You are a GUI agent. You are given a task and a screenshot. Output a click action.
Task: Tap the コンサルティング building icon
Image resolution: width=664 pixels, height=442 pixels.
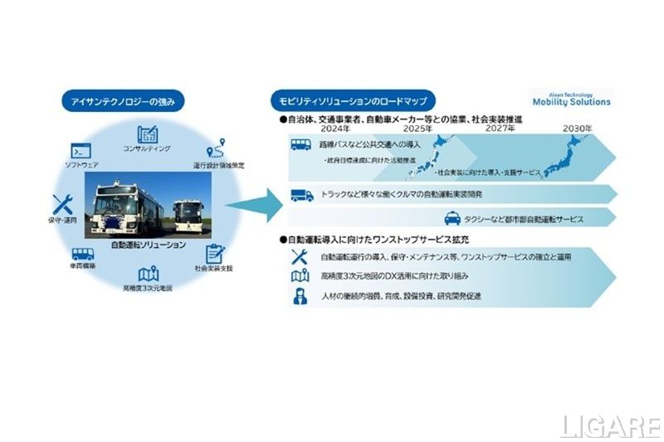pyautogui.click(x=147, y=134)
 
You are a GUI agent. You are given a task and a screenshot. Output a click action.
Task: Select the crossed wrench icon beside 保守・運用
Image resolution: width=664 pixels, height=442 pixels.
pyautogui.click(x=63, y=204)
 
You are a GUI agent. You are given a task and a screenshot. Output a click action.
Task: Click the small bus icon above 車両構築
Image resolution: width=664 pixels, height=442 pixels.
pyautogui.click(x=82, y=255)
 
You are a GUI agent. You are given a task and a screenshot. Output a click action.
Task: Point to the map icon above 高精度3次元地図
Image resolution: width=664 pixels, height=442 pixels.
pyautogui.click(x=148, y=274)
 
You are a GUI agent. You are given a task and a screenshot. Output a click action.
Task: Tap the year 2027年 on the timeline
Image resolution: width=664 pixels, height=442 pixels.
pyautogui.click(x=498, y=129)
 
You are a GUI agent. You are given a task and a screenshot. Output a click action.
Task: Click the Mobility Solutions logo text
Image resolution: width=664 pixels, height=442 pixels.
pyautogui.click(x=570, y=102)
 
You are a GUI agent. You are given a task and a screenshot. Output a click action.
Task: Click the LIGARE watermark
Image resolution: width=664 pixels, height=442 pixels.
pyautogui.click(x=609, y=425)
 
